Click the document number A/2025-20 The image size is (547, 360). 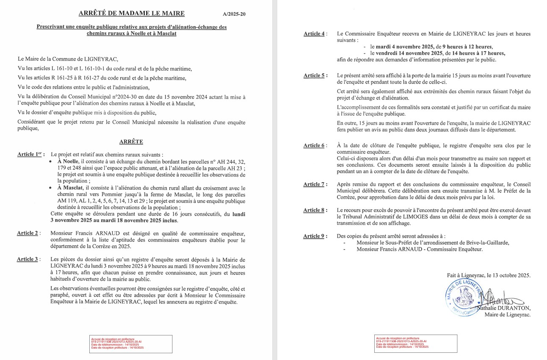point(234,14)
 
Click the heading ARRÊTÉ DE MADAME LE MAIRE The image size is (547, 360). point(131,13)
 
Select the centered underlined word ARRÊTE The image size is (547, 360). point(131,142)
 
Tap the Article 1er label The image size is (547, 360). point(30,155)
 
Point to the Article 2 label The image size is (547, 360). point(28,233)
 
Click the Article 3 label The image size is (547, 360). point(28,259)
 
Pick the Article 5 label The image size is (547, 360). point(314,75)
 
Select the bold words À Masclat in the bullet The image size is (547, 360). point(70,188)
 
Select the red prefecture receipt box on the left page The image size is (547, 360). point(131,343)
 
